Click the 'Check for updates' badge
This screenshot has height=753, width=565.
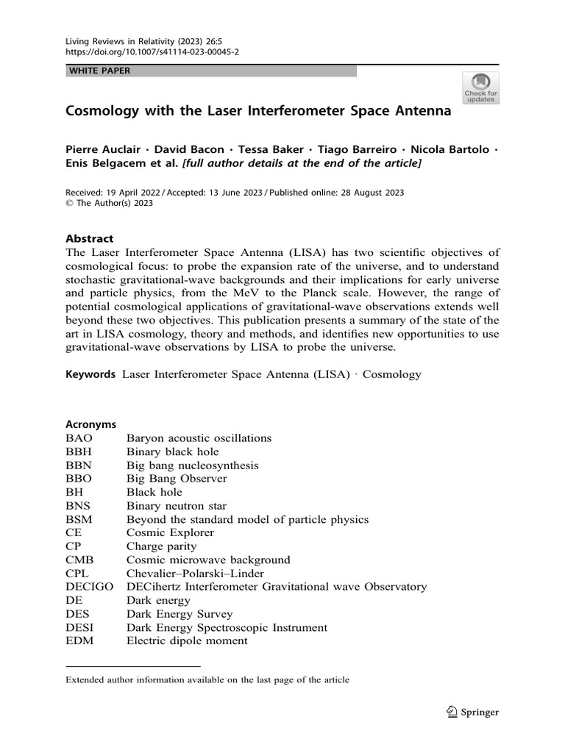[x=480, y=87]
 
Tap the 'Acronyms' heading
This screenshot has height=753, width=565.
[x=91, y=424]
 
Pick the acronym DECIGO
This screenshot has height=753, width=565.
[x=90, y=586]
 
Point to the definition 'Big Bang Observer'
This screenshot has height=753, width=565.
[x=177, y=479]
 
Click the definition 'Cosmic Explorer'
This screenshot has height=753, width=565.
[x=170, y=532]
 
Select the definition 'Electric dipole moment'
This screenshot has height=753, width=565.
[x=187, y=640]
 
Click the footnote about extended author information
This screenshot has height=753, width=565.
[x=207, y=680]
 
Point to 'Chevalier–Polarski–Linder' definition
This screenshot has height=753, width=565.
[x=195, y=573]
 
